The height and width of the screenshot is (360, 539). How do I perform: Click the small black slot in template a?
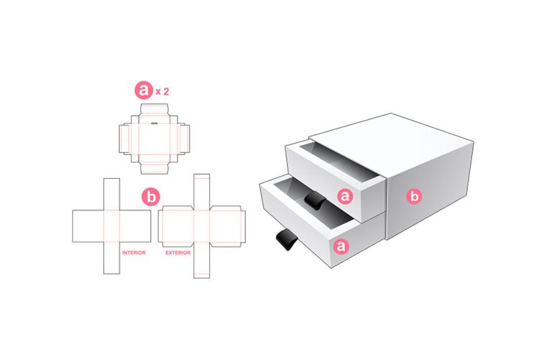(x=155, y=123)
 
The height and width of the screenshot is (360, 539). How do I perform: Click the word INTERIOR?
(x=134, y=253)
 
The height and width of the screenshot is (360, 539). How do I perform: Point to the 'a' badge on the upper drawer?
(x=346, y=195)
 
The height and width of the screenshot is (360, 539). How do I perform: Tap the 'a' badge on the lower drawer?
(x=340, y=246)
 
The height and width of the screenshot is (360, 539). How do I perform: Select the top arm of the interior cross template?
(x=111, y=193)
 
